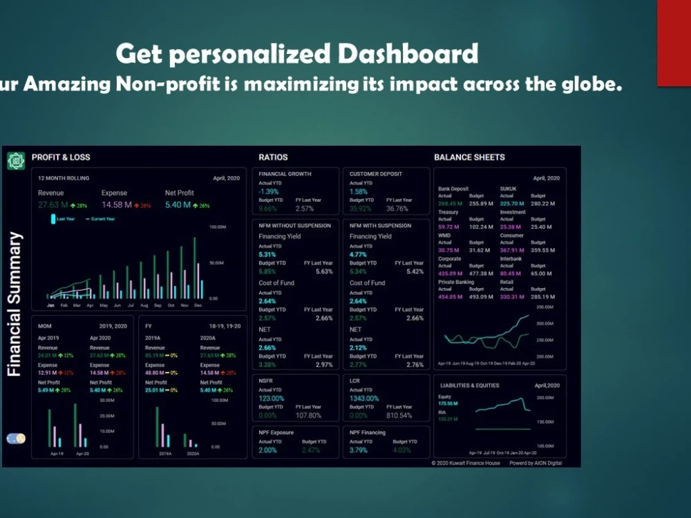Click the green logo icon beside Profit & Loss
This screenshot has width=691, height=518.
[15, 161]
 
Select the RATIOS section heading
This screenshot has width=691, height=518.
[273, 157]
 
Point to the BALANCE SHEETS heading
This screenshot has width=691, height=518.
[469, 157]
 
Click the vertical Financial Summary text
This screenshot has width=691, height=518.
[15, 304]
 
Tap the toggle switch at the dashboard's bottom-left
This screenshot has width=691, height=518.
[15, 439]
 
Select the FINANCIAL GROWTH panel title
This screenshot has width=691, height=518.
[285, 174]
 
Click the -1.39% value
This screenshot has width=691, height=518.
[269, 191]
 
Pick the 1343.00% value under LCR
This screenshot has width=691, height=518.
[364, 399]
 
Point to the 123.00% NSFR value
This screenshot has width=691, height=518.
[272, 399]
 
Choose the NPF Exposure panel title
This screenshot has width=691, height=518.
[276, 433]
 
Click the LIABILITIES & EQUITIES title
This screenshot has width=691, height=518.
[468, 385]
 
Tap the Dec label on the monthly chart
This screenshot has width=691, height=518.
[198, 305]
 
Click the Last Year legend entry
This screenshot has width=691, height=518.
[66, 218]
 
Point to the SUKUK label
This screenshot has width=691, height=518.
[508, 189]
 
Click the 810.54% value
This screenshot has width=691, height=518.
[399, 416]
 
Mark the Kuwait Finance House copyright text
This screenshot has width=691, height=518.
[466, 463]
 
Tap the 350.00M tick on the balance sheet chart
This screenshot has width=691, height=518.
[545, 307]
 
